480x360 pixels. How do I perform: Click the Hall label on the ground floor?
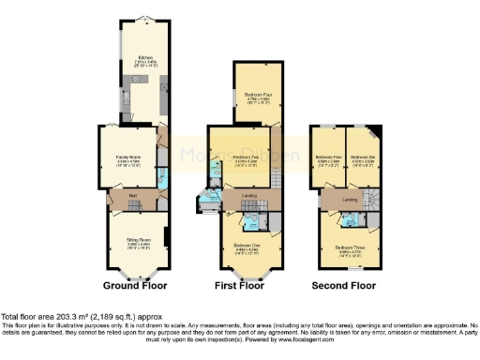tap(133, 195)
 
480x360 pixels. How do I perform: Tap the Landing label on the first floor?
tap(249, 195)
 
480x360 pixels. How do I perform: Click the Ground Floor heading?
tap(136, 284)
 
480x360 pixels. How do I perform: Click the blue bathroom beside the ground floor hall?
tap(162, 178)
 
